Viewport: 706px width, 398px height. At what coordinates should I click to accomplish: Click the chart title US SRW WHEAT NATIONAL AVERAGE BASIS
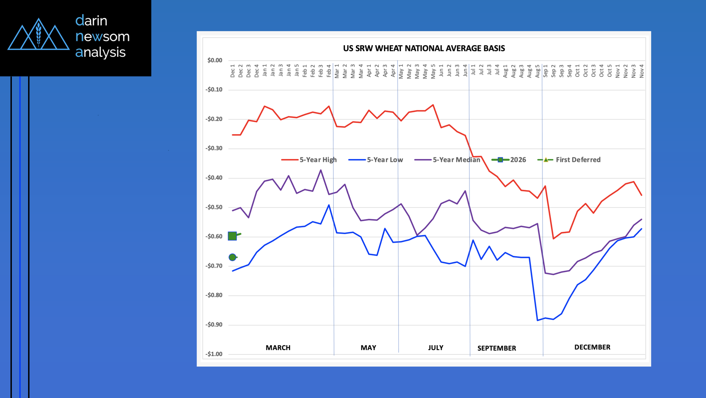point(424,49)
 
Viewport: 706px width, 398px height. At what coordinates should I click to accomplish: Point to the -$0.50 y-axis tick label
point(214,207)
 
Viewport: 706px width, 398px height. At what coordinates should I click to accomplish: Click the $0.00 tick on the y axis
point(215,60)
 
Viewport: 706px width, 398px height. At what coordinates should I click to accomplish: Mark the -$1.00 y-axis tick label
point(214,354)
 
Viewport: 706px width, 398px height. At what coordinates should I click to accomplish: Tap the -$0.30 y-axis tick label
point(214,148)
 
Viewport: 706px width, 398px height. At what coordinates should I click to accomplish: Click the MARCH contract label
point(278,348)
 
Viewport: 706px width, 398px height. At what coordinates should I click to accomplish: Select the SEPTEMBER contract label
point(497,348)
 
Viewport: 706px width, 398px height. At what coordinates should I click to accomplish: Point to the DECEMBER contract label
point(592,347)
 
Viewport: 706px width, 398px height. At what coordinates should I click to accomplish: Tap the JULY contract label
point(436,348)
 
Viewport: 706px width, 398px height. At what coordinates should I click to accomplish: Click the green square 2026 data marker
point(232,236)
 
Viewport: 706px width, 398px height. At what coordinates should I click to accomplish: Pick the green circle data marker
point(232,257)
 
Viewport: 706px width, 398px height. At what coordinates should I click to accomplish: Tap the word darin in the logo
point(91,21)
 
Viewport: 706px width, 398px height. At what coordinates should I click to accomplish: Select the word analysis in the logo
point(100,52)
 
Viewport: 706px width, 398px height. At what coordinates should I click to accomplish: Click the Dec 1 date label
point(232,71)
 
